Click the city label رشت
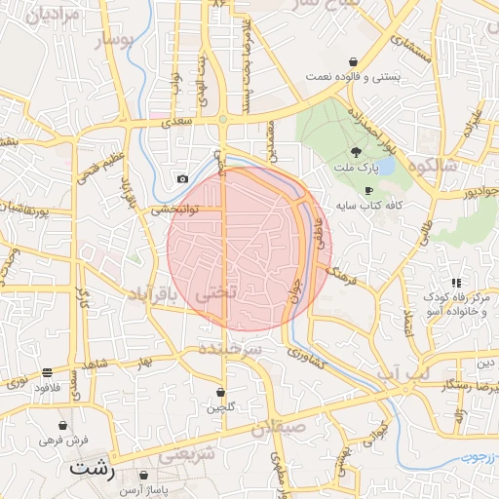[93, 469]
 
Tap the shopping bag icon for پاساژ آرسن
[143, 476]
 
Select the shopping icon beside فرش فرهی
[63, 427]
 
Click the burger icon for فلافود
[47, 373]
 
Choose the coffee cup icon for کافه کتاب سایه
[367, 191]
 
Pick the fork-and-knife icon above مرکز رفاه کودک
[456, 283]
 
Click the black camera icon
[182, 178]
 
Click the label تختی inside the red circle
[216, 291]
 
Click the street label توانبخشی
[174, 209]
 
